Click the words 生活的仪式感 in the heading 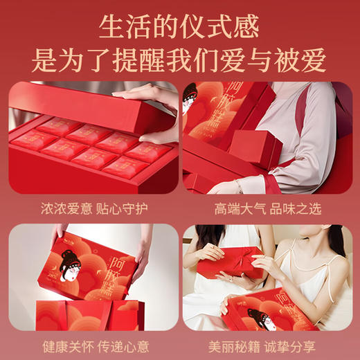point(179,27)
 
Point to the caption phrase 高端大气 point(237,207)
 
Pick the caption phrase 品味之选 point(296,207)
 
